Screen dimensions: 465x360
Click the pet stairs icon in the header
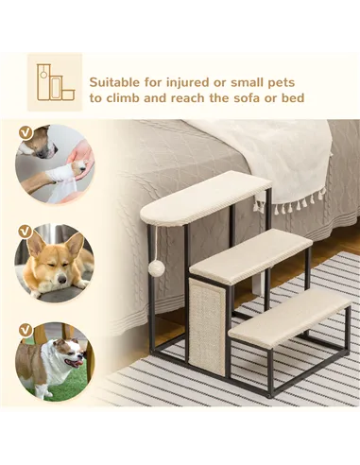[55, 82]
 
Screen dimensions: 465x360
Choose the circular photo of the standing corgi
[54, 360]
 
